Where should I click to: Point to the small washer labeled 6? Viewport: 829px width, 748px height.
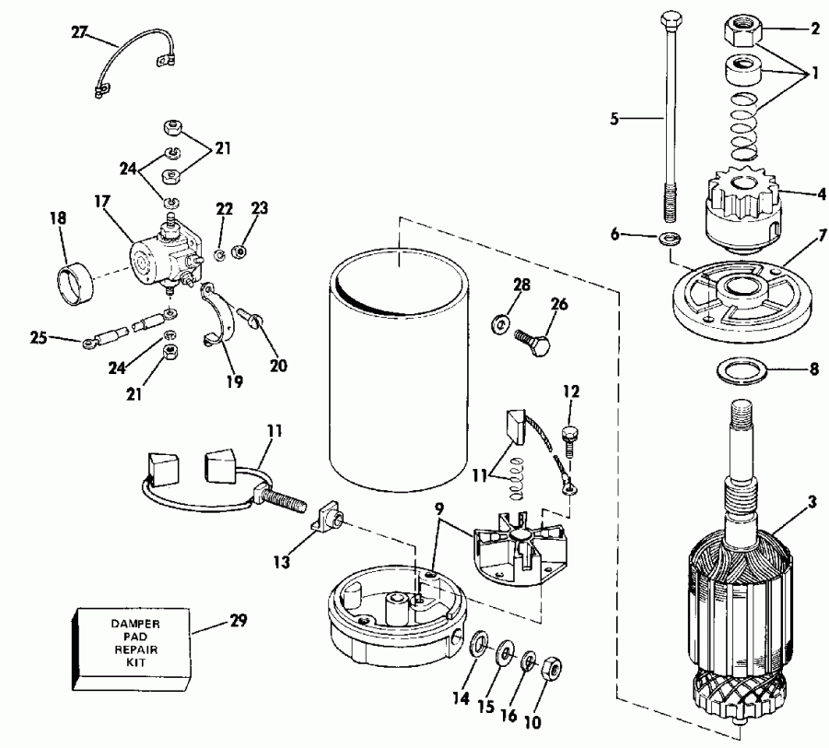pos(670,240)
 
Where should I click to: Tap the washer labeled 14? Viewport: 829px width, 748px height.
pos(477,644)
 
